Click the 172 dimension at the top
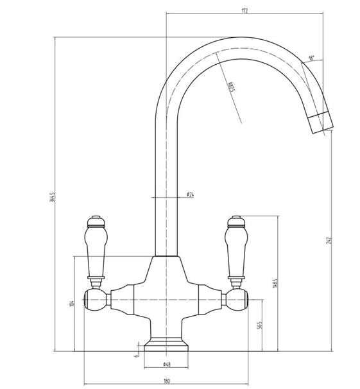245,10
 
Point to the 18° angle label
311,58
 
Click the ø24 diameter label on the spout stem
190,193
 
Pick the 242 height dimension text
329,240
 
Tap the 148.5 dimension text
275,283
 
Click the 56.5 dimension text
259,325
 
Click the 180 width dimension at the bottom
167,381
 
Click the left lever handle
94,247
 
